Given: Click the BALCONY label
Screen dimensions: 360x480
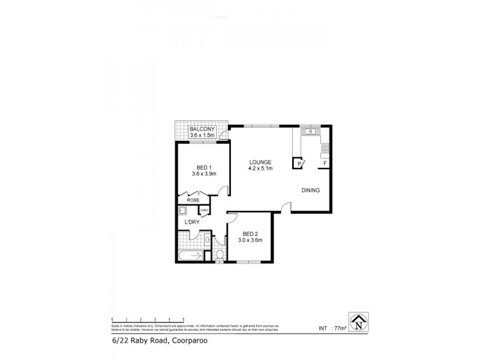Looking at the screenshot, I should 202,129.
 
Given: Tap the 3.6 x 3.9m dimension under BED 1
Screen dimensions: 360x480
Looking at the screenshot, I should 203,174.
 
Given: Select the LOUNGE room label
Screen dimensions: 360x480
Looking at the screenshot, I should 261,162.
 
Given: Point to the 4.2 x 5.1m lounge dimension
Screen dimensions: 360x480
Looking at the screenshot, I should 261,169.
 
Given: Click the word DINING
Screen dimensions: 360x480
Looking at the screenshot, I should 311,190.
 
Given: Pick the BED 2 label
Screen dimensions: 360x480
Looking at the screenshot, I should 251,233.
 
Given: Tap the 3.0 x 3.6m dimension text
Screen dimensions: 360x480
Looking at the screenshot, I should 251,240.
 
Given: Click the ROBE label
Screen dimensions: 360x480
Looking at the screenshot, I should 193,200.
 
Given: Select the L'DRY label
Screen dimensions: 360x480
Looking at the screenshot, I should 192,223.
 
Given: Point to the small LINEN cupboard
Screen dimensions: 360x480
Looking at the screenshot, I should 204,211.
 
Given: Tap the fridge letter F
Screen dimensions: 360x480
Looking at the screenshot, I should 325,163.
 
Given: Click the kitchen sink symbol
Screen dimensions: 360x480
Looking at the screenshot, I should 311,131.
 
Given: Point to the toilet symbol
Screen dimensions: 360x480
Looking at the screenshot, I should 220,256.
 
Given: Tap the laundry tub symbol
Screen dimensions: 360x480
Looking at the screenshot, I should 183,211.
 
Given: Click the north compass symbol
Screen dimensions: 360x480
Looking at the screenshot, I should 358,322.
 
